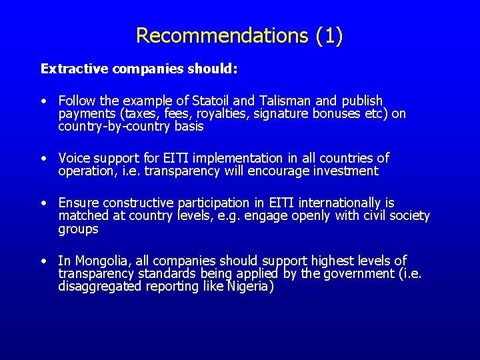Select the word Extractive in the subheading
pyautogui.click(x=75, y=69)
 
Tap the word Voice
pyautogui.click(x=74, y=158)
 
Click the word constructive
pyautogui.click(x=137, y=203)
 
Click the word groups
pyautogui.click(x=78, y=229)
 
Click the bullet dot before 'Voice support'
pyautogui.click(x=43, y=159)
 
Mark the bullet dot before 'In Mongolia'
pyautogui.click(x=43, y=261)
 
